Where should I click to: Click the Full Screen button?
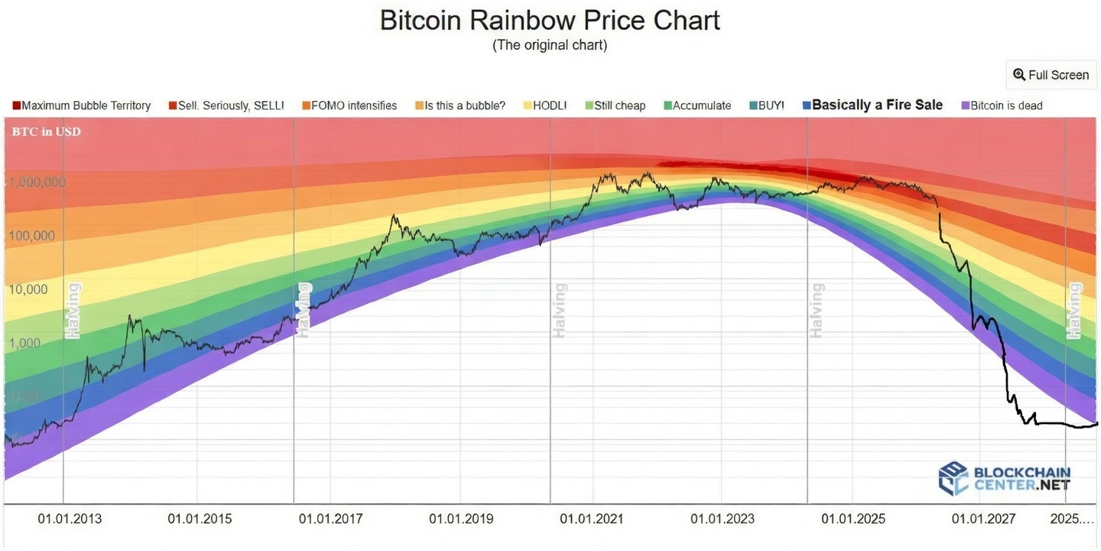coord(1051,75)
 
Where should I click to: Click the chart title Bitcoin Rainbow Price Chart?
coord(550,20)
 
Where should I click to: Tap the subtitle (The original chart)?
coord(550,45)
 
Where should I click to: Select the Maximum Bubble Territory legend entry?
coord(82,106)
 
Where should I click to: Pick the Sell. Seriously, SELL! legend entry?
coord(226,106)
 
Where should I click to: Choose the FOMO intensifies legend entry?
coord(349,106)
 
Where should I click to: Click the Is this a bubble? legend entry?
coord(460,106)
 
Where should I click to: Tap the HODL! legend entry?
coord(545,106)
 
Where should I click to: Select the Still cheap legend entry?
coord(615,106)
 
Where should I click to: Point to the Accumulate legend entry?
coord(697,106)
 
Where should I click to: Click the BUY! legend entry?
coord(767,106)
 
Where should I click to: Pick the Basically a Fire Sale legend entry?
coord(873,106)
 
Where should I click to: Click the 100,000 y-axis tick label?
coord(32,236)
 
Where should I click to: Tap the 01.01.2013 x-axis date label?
coord(70,519)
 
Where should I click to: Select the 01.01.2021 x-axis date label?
coord(592,519)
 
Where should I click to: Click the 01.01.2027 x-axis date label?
coord(983,519)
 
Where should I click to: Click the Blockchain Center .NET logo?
coord(1005,478)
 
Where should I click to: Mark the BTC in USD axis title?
coord(46,132)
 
